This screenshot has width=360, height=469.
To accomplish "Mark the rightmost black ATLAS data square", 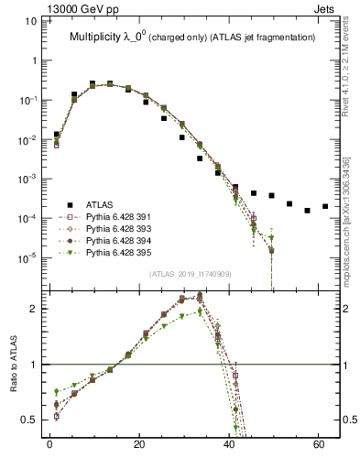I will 325,206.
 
